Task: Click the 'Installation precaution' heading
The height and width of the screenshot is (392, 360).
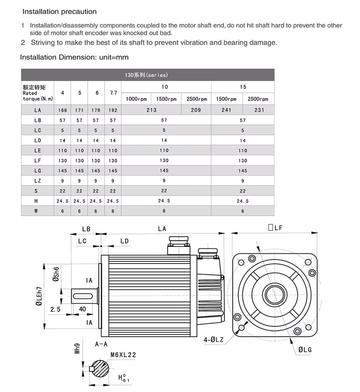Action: click(x=59, y=11)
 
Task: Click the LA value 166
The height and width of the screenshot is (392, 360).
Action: click(x=63, y=109)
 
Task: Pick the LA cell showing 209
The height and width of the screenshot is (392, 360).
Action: click(x=196, y=109)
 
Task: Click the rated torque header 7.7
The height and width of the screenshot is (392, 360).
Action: click(x=113, y=93)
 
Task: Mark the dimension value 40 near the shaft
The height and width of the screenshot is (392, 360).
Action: click(x=82, y=310)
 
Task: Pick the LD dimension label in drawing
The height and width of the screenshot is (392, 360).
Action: click(x=124, y=242)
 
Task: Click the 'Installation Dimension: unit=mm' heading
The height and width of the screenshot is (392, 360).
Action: click(x=74, y=57)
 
